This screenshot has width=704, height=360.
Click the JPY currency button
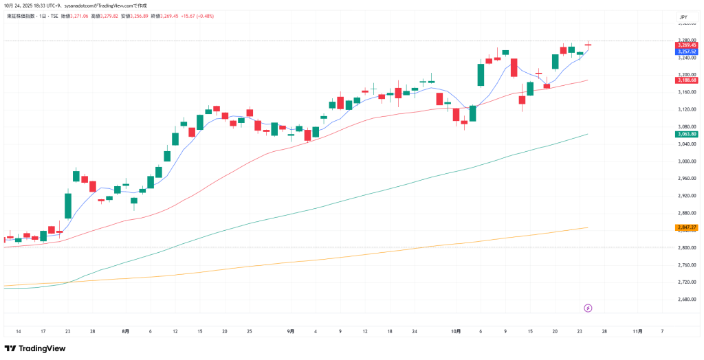tap(683, 16)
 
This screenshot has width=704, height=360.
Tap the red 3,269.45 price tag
tap(686, 45)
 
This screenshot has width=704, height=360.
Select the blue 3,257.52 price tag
tap(686, 52)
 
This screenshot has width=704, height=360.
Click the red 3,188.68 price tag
tap(686, 80)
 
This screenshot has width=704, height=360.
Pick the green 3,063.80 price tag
tap(686, 134)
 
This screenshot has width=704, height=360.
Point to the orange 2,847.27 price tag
tap(686, 227)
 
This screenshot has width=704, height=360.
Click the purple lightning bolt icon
tap(588, 308)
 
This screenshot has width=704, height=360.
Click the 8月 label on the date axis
tap(125, 331)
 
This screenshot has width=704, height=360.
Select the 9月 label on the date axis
tap(291, 331)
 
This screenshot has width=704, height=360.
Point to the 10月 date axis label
tap(456, 331)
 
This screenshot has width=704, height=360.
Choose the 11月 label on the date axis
tap(637, 331)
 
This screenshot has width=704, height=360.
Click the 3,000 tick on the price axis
tap(685, 161)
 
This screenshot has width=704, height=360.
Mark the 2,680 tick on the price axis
tap(685, 300)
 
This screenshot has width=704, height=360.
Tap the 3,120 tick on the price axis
tap(685, 110)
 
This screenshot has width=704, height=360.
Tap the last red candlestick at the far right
tap(588, 45)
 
